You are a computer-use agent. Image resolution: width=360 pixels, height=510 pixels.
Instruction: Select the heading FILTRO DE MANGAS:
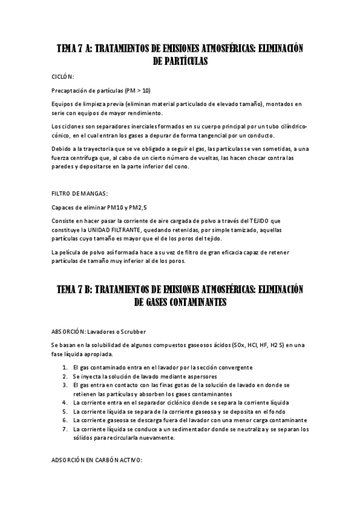click(80, 193)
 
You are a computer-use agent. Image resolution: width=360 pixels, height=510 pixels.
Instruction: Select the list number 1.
click(65, 367)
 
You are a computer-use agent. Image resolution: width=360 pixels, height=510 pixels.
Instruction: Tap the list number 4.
click(65, 402)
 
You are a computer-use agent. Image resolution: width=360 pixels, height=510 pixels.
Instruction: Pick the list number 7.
click(65, 429)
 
